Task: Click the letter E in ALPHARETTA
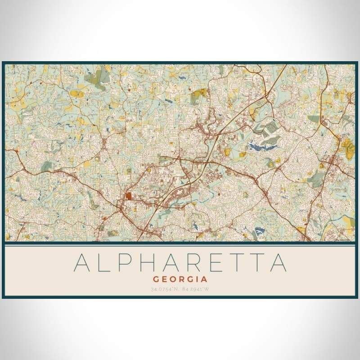click(215, 263)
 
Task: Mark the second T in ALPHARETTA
click(256, 263)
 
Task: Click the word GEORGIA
click(180, 279)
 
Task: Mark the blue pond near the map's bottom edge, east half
click(260, 232)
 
